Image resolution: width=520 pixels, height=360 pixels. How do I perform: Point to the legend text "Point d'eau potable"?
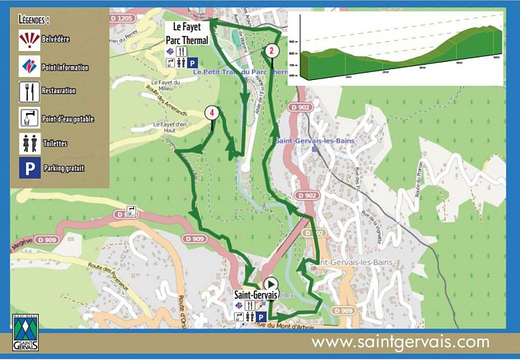[68, 119]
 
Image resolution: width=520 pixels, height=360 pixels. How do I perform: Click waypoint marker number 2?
[272, 50]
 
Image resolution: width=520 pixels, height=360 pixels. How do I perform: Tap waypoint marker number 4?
[212, 112]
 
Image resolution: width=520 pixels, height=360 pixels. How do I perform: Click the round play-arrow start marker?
[271, 284]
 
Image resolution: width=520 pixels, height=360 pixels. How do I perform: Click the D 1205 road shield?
[123, 18]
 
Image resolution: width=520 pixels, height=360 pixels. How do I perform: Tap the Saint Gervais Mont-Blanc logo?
[26, 334]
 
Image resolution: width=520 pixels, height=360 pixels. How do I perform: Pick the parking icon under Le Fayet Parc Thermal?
[192, 63]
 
